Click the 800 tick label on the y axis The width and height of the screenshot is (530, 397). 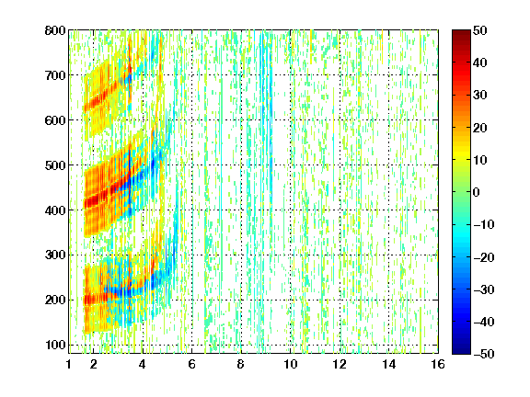(x=55, y=30)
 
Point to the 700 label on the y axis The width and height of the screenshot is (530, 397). (x=55, y=75)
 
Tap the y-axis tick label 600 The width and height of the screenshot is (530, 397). (x=55, y=120)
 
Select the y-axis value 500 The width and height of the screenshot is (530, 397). (x=55, y=165)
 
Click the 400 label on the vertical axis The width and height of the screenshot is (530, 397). (x=55, y=210)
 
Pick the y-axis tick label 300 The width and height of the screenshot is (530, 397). (x=55, y=255)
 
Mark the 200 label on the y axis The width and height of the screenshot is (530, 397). (x=55, y=300)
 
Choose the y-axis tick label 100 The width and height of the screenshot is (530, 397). (x=55, y=345)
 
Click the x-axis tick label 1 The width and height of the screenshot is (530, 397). (x=69, y=364)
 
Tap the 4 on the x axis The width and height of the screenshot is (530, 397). (x=143, y=364)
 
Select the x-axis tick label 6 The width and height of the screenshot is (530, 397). (x=191, y=364)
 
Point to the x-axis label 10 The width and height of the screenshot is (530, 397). (x=290, y=364)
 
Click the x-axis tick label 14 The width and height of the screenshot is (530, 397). (x=388, y=364)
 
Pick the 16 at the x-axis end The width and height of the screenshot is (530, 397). (x=438, y=364)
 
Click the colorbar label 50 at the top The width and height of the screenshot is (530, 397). (x=479, y=30)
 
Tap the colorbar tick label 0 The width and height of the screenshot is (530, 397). (x=477, y=192)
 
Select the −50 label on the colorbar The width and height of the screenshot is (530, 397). (x=484, y=354)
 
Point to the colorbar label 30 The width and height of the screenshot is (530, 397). (x=479, y=95)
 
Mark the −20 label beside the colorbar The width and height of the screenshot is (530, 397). (x=484, y=257)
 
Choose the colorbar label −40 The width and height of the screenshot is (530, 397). (x=484, y=322)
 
